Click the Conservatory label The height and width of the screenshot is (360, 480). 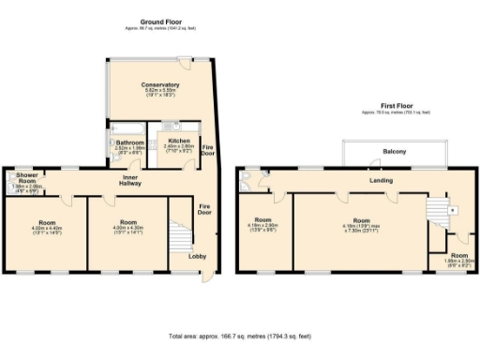click(160, 85)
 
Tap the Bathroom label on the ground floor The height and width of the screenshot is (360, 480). click(129, 142)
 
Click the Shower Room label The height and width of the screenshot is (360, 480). click(24, 179)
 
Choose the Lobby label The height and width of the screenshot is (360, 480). click(198, 256)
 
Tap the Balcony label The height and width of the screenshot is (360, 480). click(394, 150)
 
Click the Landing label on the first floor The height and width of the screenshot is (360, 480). click(382, 180)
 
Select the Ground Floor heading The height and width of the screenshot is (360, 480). click(159, 22)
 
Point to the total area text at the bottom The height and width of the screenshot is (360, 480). click(239, 335)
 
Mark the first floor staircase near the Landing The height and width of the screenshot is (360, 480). click(436, 212)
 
